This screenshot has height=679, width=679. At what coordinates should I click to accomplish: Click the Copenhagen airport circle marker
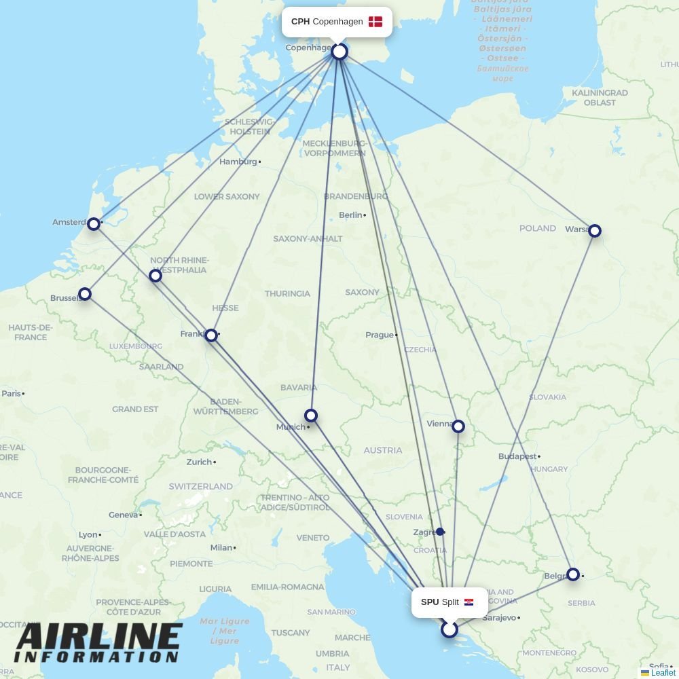click(x=339, y=52)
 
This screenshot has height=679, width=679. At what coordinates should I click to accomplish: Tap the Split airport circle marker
click(x=449, y=629)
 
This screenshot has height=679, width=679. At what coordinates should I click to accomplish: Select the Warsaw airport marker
click(x=595, y=231)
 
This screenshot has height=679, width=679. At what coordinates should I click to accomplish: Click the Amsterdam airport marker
click(x=94, y=223)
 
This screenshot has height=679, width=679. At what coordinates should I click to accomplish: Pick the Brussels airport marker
click(x=85, y=294)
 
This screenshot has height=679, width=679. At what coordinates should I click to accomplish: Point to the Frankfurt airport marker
click(x=211, y=335)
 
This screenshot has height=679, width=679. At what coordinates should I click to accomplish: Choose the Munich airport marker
click(x=311, y=416)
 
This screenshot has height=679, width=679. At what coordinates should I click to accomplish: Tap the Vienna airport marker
click(x=458, y=426)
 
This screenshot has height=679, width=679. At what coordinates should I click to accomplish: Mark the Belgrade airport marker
click(x=573, y=574)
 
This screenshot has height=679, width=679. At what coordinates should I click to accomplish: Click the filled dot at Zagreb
click(x=440, y=532)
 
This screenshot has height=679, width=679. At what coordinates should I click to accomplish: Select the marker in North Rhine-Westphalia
click(x=155, y=276)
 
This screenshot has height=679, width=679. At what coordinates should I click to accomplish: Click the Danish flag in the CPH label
click(x=375, y=22)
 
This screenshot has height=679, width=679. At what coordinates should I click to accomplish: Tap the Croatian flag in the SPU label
click(x=469, y=602)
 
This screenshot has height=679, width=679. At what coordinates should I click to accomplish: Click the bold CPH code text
click(x=300, y=22)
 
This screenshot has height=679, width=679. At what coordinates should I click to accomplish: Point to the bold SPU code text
click(x=430, y=602)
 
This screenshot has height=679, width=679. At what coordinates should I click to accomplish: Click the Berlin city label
click(x=350, y=215)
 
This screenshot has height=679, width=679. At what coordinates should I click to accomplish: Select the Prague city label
click(x=379, y=335)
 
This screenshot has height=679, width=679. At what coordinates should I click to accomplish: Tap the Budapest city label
click(x=517, y=456)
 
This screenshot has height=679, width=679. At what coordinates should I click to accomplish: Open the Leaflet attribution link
click(x=663, y=673)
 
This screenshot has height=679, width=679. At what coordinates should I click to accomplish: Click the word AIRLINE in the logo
click(x=98, y=638)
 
